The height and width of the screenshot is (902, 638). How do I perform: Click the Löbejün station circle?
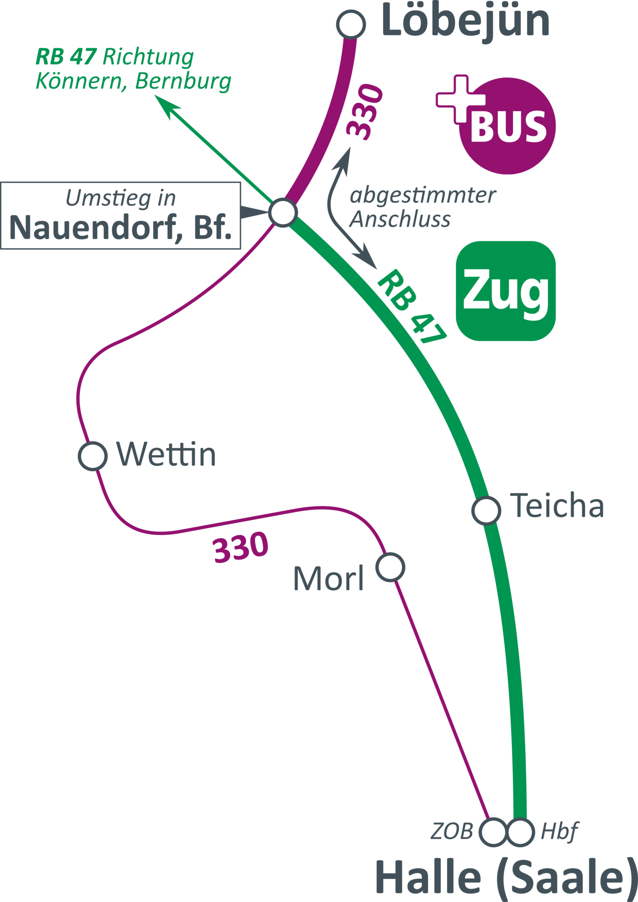(351, 24)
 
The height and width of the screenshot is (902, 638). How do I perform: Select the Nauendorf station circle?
(283, 213)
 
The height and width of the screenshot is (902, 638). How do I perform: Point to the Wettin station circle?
(93, 455)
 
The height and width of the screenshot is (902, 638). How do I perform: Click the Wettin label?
(166, 454)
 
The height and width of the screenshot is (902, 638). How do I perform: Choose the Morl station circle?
(390, 567)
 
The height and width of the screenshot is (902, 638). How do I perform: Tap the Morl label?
(328, 578)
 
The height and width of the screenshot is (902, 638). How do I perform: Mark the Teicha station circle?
(486, 510)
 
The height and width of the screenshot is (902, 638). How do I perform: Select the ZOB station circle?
(494, 832)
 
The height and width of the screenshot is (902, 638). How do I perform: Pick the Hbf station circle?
(521, 832)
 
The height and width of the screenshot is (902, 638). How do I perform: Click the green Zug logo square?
(506, 291)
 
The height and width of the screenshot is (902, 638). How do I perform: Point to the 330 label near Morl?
(241, 547)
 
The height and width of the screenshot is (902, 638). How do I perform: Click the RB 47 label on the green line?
(412, 307)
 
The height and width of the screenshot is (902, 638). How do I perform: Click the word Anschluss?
(400, 219)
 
